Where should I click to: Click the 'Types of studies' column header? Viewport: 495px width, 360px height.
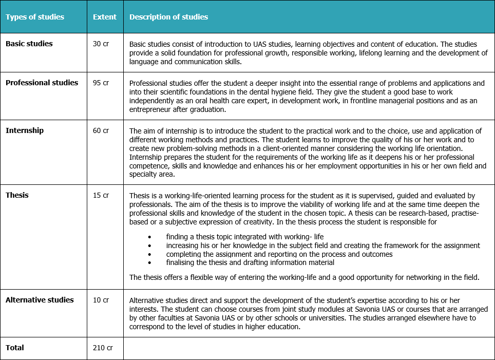pos(35,17)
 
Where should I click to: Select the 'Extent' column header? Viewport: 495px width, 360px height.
pos(105,17)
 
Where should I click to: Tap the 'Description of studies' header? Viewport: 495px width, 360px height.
pos(168,17)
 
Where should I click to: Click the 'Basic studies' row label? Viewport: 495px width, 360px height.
pos(29,44)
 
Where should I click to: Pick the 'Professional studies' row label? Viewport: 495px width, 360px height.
pos(42,83)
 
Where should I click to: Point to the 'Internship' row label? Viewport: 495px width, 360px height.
pos(25,130)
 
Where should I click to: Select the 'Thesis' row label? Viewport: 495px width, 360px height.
pos(17,195)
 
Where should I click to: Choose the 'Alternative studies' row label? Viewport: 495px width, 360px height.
pos(40,300)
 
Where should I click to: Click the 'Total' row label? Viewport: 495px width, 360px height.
pos(15,348)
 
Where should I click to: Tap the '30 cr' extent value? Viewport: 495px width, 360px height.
pos(101,44)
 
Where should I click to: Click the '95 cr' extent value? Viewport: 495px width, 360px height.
pos(101,83)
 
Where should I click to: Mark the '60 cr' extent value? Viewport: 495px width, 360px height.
pos(101,130)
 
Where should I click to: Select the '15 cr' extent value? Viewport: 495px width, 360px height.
pos(101,195)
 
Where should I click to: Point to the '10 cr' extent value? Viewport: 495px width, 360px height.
pos(101,300)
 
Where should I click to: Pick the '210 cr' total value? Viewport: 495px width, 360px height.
pos(103,348)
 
